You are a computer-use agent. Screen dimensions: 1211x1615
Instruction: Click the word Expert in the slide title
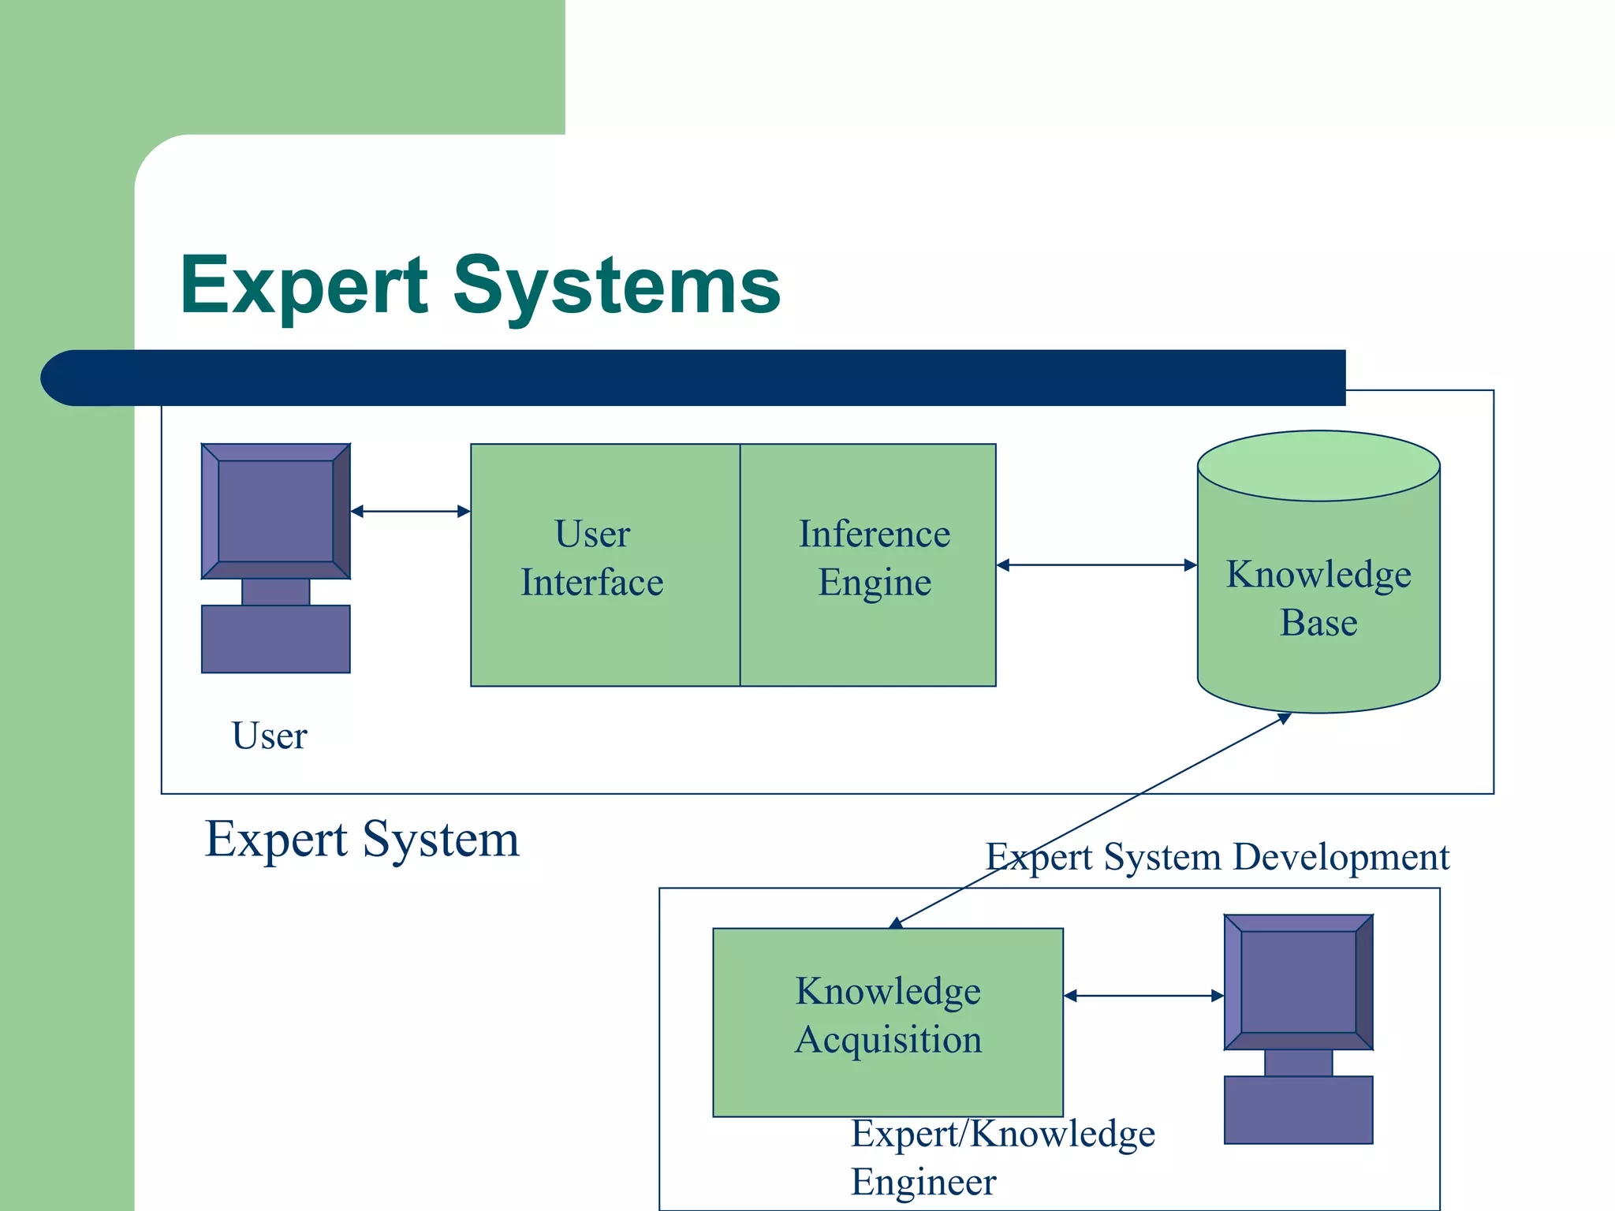coord(303,285)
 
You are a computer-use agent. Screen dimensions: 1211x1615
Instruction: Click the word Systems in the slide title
coord(616,285)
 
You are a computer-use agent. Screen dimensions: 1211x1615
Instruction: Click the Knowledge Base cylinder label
coord(1318,598)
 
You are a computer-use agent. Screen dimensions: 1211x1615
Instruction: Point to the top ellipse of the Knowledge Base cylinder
coord(1318,466)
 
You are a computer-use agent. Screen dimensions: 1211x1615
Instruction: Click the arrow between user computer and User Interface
coord(410,512)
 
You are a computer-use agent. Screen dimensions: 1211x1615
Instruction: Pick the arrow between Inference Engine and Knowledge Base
coord(1096,565)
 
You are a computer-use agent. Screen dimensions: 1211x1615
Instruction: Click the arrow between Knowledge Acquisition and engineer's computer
coord(1143,996)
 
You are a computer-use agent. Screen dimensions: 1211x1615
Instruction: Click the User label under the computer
coord(269,736)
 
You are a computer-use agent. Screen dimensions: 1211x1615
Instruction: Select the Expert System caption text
coord(362,840)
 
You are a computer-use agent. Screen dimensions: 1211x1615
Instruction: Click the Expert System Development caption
coord(1217,857)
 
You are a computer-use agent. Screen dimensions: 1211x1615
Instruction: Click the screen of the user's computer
coord(275,511)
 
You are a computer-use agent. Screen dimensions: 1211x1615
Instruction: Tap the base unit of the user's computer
coord(275,639)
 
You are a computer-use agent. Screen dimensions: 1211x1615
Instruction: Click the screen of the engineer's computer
coord(1298,982)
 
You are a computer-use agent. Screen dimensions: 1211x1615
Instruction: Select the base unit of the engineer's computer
coord(1298,1109)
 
